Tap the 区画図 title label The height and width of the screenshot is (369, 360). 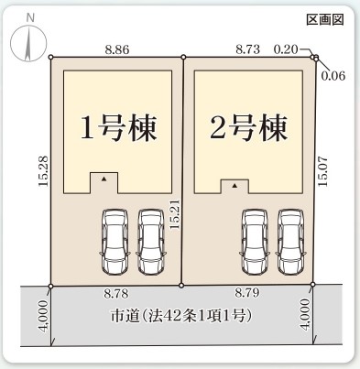(323, 19)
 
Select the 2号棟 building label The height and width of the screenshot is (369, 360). (248, 125)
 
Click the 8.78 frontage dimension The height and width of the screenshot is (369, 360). (114, 295)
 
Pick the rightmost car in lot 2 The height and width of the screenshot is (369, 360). (290, 241)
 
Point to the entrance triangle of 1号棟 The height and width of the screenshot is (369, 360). (104, 179)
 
